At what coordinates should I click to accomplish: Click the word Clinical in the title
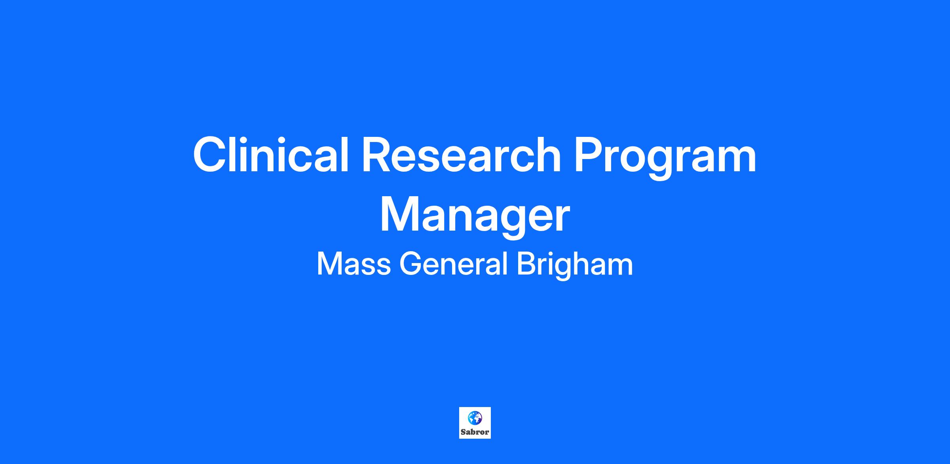(x=271, y=155)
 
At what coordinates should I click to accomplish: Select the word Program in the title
(x=665, y=159)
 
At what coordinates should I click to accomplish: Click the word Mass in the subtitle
(x=354, y=264)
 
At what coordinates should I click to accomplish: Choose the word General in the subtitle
(x=454, y=264)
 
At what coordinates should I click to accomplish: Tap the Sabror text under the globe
(x=475, y=432)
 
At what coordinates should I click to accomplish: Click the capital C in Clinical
(x=210, y=155)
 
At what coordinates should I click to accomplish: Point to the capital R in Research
(x=378, y=155)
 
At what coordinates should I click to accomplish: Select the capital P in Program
(x=589, y=155)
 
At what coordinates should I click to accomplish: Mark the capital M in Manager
(x=400, y=215)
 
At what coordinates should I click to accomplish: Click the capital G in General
(x=411, y=264)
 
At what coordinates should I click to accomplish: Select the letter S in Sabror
(x=463, y=432)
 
